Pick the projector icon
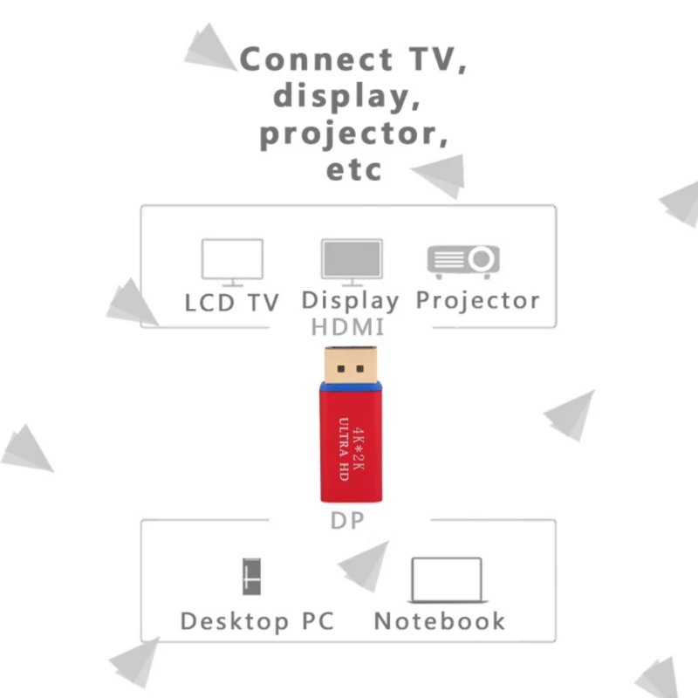point(462,261)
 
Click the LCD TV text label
point(232,303)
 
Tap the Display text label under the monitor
point(350,301)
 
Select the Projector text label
point(477,301)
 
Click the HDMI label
point(347,328)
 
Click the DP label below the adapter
point(347,522)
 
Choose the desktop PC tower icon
point(251,575)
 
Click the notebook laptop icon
point(446,579)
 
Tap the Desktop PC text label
point(257,622)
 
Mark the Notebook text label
point(440,621)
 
